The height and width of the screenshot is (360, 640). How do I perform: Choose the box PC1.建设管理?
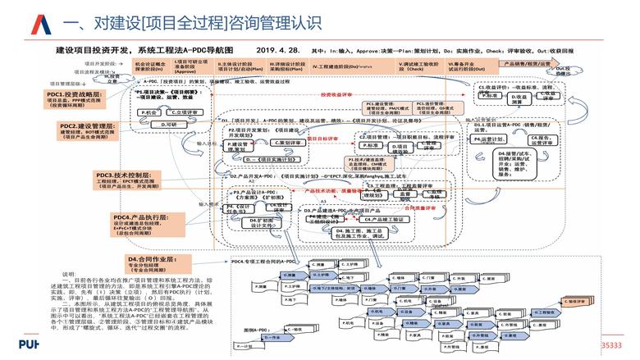[x=385, y=107]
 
